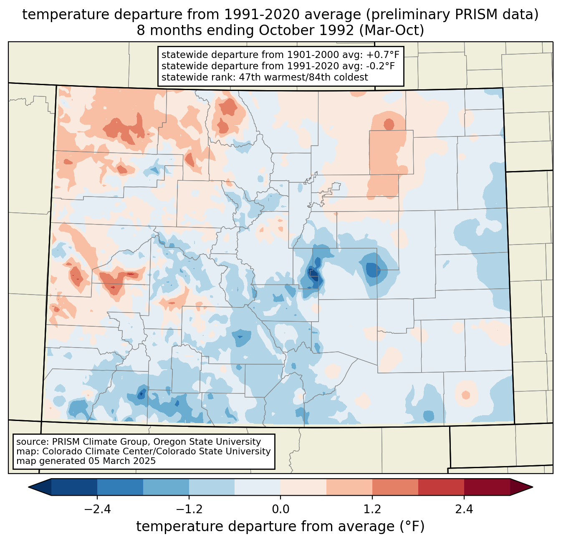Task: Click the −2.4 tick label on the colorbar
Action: [97, 509]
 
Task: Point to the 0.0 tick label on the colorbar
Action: [280, 509]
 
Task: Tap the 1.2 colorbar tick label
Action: [372, 509]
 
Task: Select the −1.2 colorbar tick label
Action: [189, 509]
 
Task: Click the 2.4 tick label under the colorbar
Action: [464, 509]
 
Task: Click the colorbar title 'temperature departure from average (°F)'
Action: [280, 527]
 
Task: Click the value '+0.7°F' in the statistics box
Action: [383, 55]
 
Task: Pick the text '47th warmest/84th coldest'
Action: [303, 77]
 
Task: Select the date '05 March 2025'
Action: [122, 461]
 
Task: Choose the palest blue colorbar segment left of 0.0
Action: [258, 487]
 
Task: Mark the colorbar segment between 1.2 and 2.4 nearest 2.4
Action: [441, 487]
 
